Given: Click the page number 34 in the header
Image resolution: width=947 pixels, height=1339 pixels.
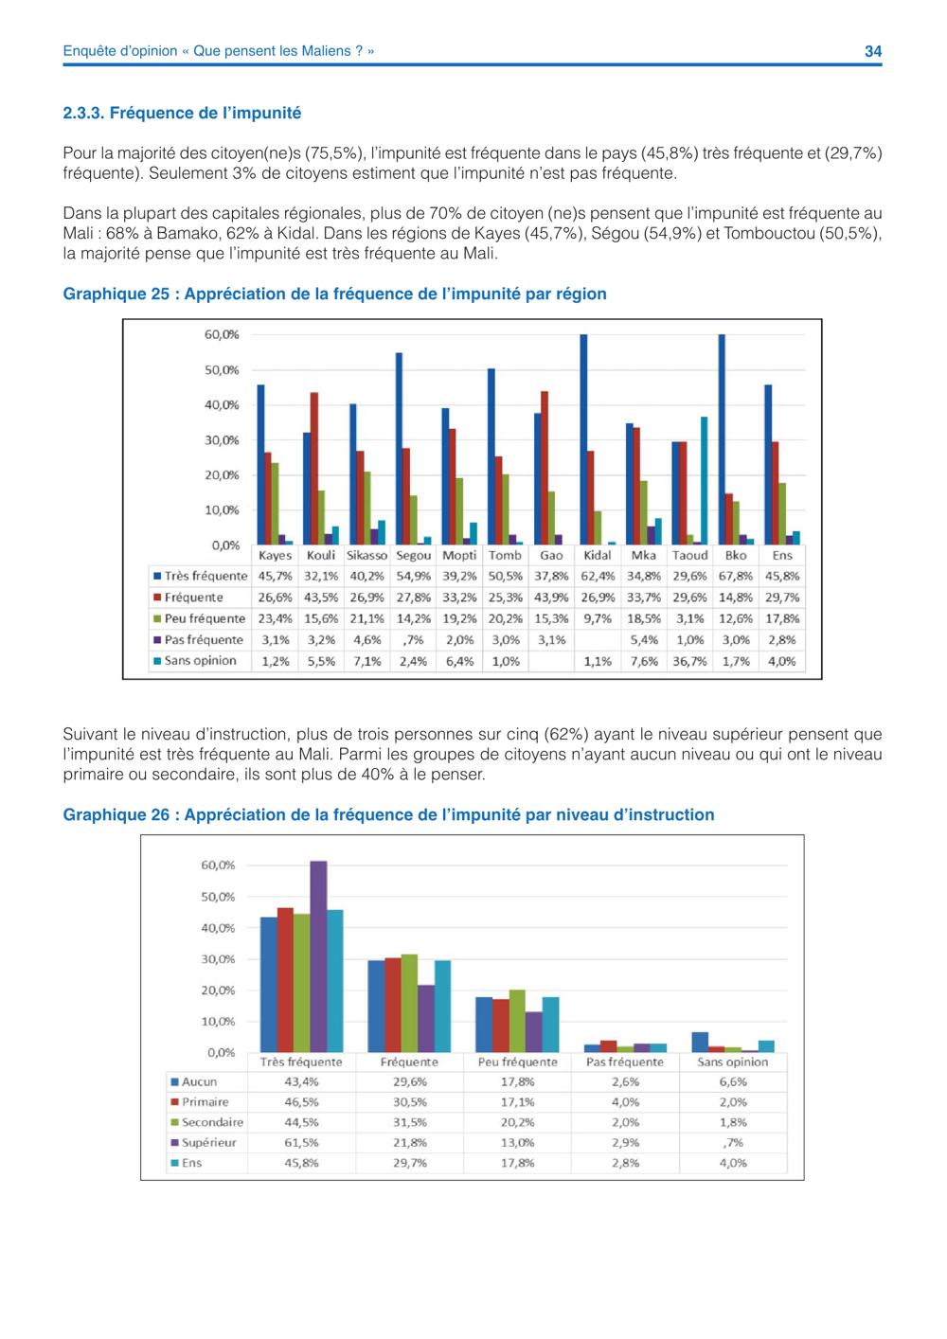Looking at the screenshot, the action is tap(873, 51).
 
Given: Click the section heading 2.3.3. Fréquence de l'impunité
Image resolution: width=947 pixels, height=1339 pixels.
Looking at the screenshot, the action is tap(182, 113).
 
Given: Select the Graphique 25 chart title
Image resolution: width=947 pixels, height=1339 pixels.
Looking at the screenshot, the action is tap(335, 295).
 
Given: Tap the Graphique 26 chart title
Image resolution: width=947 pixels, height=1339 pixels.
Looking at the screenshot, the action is tap(388, 814).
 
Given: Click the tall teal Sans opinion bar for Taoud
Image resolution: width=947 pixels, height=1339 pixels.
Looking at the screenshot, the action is tap(705, 481).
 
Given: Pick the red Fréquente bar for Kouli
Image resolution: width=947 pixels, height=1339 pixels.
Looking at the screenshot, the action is tap(314, 469).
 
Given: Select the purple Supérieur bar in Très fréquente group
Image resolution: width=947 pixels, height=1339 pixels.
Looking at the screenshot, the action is tap(318, 956).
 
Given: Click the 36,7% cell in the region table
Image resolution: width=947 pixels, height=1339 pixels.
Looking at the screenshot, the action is tap(689, 661).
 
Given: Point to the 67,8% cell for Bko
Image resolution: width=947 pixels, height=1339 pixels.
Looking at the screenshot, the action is tap(736, 577).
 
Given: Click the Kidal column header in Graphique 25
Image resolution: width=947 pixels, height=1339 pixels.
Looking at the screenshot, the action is tap(598, 555).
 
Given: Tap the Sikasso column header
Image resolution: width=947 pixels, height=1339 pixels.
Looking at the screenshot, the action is tap(367, 555).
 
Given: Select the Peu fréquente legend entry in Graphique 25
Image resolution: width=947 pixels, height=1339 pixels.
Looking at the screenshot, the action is tap(200, 618).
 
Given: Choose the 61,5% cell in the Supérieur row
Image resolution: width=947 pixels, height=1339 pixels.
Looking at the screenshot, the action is tap(301, 1142).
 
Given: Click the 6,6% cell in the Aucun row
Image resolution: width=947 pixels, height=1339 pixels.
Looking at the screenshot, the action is tap(733, 1081).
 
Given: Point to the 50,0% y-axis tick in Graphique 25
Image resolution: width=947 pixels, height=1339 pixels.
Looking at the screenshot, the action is tap(222, 370).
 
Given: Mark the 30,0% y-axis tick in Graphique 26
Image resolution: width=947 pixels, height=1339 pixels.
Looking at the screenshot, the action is tap(218, 959).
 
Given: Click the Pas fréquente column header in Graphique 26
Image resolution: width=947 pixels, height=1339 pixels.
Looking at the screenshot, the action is tap(625, 1062).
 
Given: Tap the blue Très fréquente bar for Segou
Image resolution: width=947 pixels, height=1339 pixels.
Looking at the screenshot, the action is tap(400, 449).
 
